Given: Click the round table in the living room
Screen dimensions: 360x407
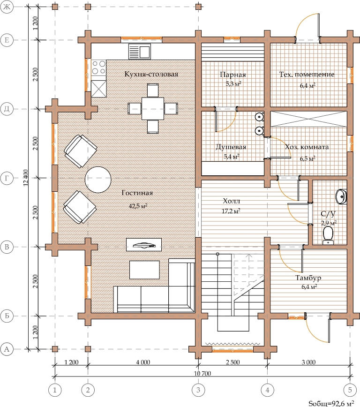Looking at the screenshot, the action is pyautogui.click(x=98, y=180).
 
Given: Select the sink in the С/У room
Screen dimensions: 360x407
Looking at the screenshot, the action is pyautogui.click(x=341, y=196).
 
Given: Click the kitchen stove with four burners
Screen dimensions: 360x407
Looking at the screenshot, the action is pyautogui.click(x=99, y=67).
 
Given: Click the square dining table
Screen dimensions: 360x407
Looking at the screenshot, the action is pyautogui.click(x=153, y=108).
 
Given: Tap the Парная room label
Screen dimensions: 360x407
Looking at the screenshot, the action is pyautogui.click(x=233, y=75).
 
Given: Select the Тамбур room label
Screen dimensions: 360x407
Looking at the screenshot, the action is pyautogui.click(x=308, y=278).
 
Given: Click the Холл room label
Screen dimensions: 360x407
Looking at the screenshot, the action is pyautogui.click(x=232, y=201).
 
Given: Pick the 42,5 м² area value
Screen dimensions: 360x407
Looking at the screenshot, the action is pyautogui.click(x=138, y=206).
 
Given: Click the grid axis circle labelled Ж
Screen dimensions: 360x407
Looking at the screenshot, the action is pyautogui.click(x=7, y=7).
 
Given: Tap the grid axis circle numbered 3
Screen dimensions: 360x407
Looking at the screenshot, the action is pyautogui.click(x=198, y=390).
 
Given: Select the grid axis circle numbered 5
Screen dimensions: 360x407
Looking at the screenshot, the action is pyautogui.click(x=350, y=390).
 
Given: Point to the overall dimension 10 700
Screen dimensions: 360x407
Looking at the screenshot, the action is pyautogui.click(x=202, y=373).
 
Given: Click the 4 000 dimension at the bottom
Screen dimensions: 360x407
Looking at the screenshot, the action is pyautogui.click(x=143, y=362).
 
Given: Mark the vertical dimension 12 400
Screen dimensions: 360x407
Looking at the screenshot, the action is pyautogui.click(x=26, y=178).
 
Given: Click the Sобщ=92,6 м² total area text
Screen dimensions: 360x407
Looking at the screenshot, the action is pyautogui.click(x=331, y=403).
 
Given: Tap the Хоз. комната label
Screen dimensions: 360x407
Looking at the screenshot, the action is pyautogui.click(x=307, y=147).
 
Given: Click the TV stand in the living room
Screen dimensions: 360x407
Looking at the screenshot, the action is pyautogui.click(x=144, y=244).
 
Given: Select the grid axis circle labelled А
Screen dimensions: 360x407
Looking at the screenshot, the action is pyautogui.click(x=7, y=349).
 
